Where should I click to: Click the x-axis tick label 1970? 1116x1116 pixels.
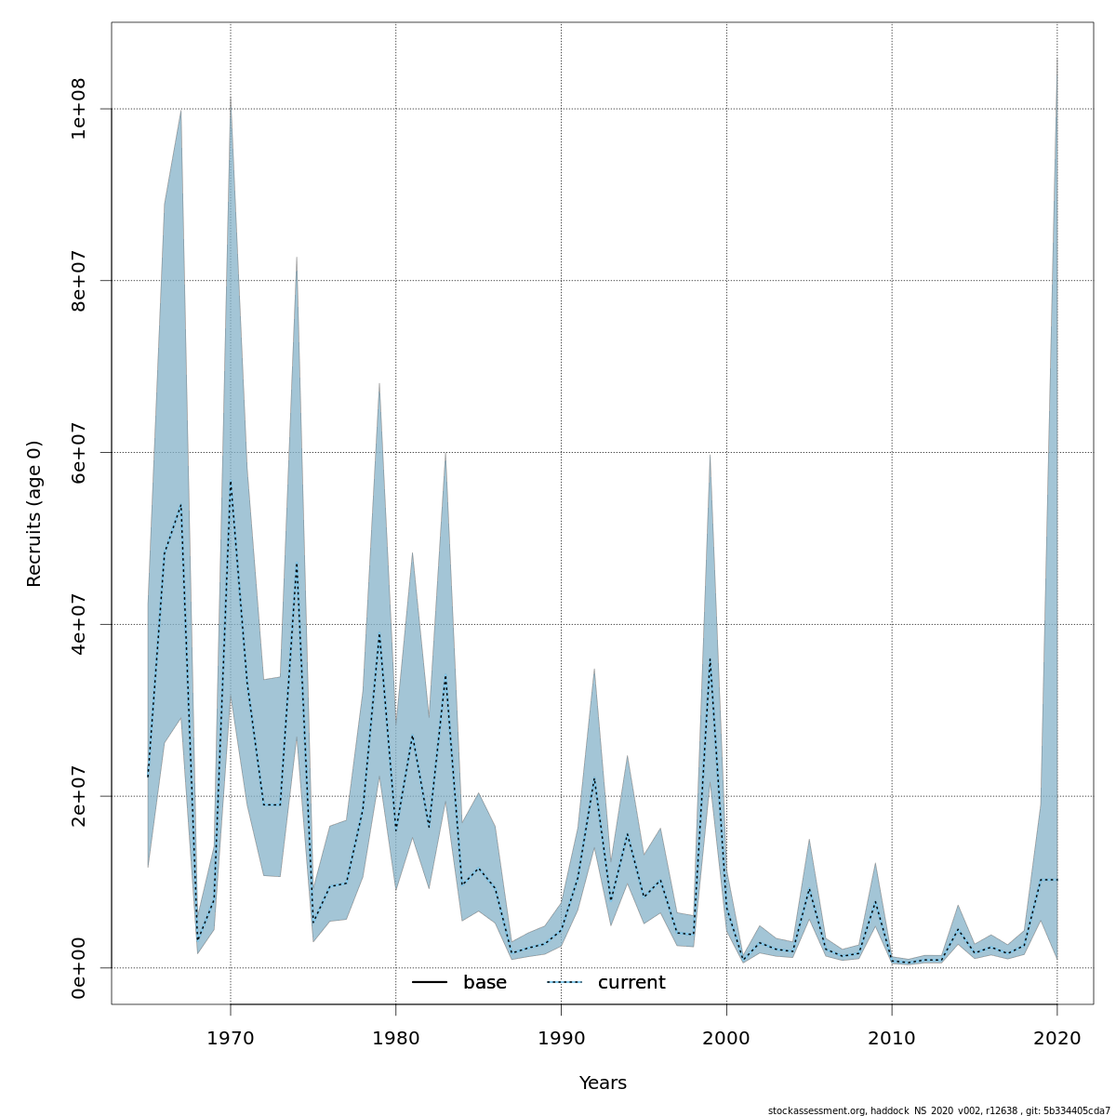231,1038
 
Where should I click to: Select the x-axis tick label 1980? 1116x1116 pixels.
396,1038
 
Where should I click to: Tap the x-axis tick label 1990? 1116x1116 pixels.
561,1038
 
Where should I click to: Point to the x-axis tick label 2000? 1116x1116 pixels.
726,1038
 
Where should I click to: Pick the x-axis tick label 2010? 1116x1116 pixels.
892,1038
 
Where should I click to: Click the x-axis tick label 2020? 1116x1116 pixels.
1057,1038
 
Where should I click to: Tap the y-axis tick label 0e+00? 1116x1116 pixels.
79,968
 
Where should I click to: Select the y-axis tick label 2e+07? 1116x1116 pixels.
79,796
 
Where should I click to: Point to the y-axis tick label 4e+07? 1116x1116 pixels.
79,624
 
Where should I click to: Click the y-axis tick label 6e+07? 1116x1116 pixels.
79,452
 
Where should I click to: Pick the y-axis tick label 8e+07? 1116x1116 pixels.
79,281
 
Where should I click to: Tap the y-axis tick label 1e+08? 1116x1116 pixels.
79,109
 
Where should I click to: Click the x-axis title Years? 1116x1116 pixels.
603,1083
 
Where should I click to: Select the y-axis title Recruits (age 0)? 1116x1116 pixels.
34,513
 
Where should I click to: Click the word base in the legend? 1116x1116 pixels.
485,983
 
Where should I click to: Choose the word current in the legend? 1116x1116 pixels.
631,983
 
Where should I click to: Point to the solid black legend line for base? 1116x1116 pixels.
430,983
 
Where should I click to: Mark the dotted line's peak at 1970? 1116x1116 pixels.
231,482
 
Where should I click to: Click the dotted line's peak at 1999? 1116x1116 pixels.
711,658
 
